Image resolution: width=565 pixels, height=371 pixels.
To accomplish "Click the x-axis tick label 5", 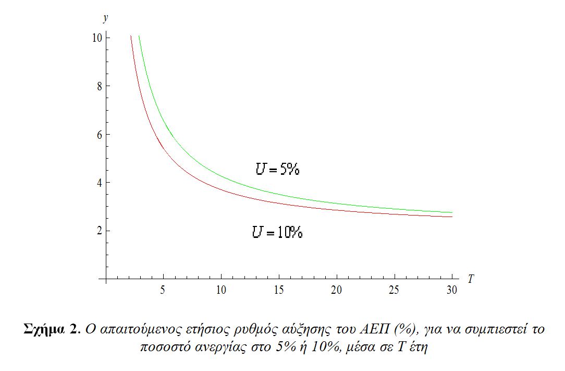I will tap(163, 291).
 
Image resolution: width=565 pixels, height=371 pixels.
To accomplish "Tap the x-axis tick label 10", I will tap(221, 291).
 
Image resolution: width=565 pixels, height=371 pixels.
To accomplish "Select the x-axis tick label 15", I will tap(279, 291).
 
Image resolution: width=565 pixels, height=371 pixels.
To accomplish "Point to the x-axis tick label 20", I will tap(337, 291).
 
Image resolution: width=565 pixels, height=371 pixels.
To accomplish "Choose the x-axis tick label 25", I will tap(394, 291).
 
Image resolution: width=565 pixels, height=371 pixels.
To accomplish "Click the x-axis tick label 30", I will tap(452, 291).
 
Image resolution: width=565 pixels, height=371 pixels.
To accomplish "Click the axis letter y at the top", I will tap(106, 18).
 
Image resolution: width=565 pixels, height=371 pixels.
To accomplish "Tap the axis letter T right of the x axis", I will tap(471, 279).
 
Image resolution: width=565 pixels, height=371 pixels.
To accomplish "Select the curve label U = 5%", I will tap(277, 169).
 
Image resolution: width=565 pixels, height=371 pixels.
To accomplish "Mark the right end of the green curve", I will tap(452, 212).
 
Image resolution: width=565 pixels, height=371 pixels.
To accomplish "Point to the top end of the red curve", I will tap(130, 36).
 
